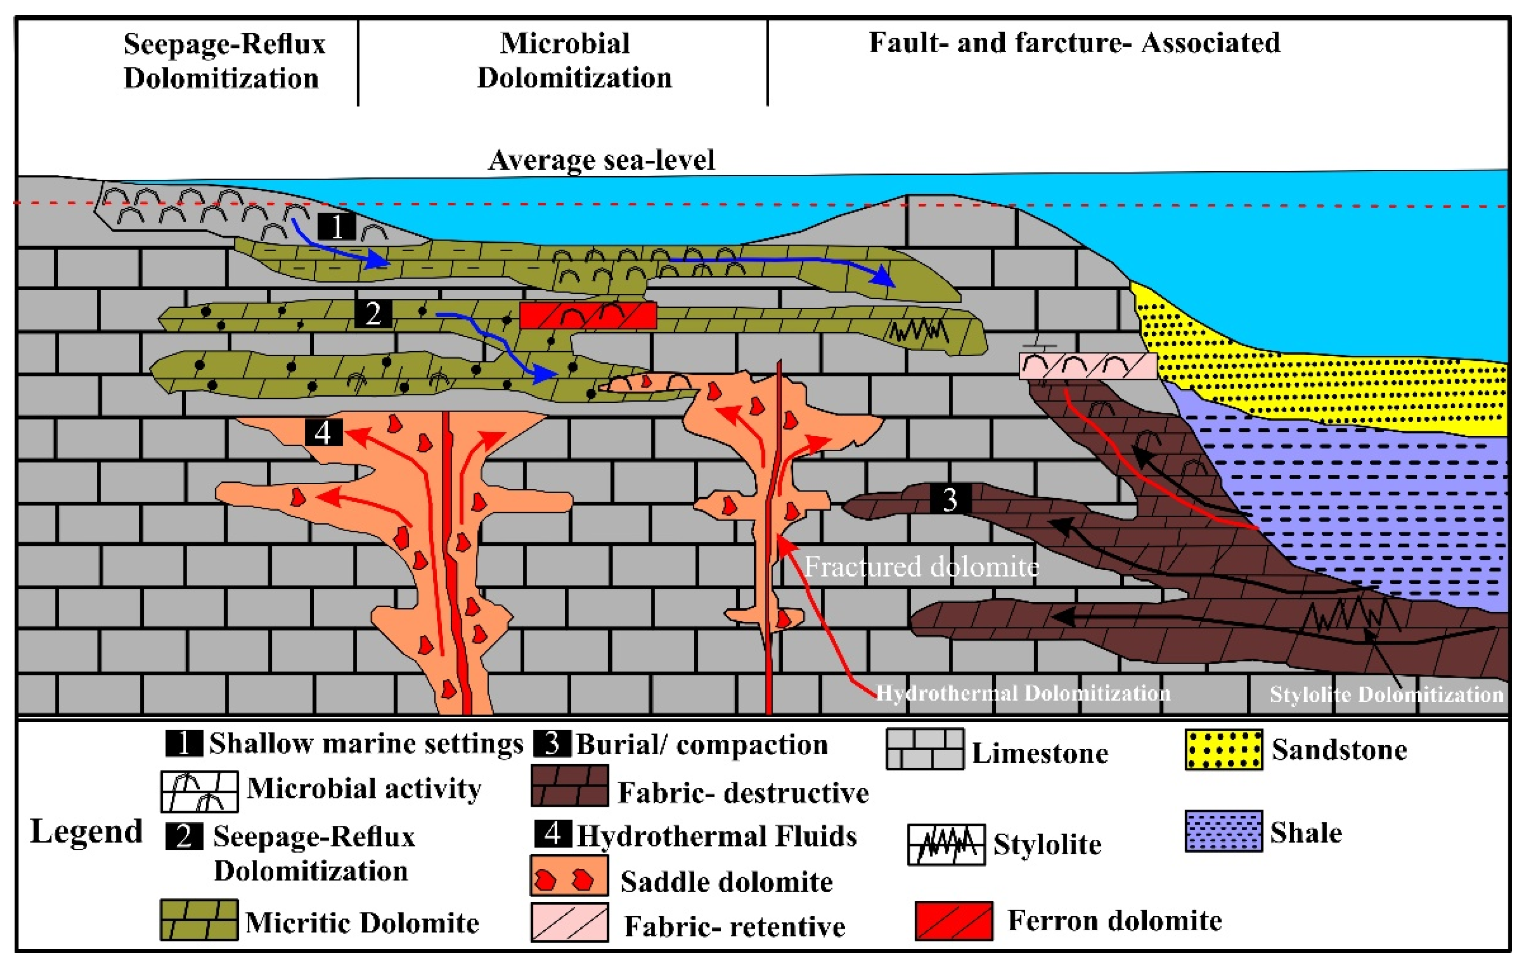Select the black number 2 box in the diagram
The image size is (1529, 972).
tap(373, 313)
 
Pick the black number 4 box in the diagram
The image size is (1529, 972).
tap(323, 433)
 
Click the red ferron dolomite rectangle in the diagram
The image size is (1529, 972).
tap(588, 315)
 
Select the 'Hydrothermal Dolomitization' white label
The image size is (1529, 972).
tap(1023, 693)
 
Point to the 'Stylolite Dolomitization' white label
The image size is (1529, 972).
tap(1386, 694)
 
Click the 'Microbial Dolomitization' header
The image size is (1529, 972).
tap(574, 61)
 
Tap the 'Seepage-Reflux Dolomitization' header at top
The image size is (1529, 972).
tap(223, 61)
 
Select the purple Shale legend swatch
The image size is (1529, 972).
tap(1224, 831)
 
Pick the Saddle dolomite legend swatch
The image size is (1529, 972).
tap(569, 876)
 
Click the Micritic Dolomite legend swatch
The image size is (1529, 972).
tap(199, 919)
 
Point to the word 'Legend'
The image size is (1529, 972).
tap(86, 831)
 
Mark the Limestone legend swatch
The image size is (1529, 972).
tap(925, 749)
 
